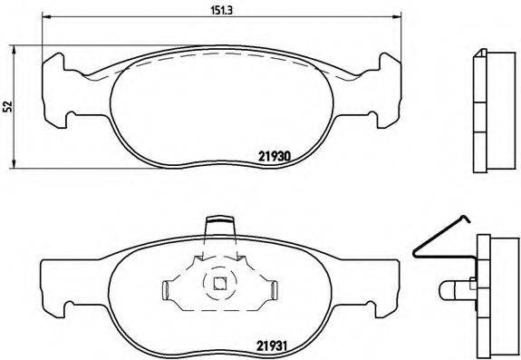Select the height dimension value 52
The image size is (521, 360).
8,107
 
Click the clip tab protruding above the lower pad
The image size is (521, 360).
218,223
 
